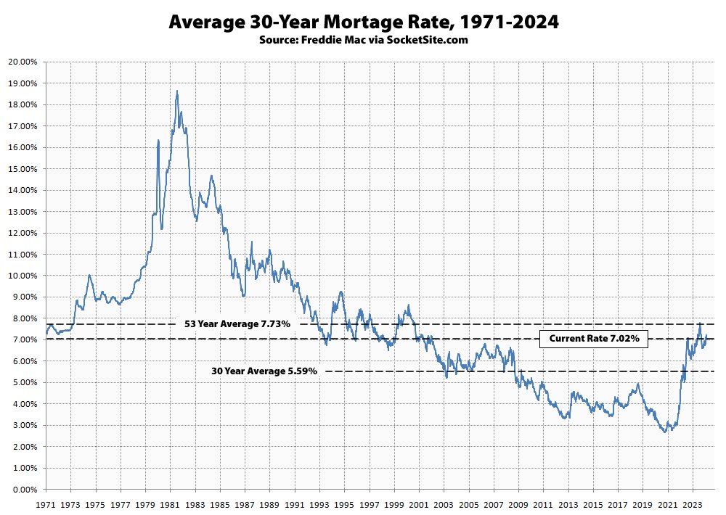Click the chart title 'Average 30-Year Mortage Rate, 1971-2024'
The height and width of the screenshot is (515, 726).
tap(363, 22)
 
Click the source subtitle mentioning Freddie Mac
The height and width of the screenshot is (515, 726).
tap(363, 40)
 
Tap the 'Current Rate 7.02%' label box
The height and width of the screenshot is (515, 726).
tap(593, 339)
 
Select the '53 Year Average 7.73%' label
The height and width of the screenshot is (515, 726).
tap(237, 324)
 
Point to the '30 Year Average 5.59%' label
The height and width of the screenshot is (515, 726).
tap(264, 371)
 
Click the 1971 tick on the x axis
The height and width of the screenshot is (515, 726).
tap(46, 503)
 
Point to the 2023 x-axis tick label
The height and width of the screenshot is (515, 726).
tap(693, 503)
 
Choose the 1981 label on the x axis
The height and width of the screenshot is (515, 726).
tap(170, 503)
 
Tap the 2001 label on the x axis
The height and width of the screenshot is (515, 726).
tap(419, 503)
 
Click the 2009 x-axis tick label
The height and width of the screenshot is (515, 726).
tap(518, 503)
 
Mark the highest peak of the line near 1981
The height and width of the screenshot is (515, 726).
tap(177, 91)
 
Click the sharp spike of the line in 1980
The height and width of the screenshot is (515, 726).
tap(158, 140)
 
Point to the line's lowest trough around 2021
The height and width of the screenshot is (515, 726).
tap(665, 432)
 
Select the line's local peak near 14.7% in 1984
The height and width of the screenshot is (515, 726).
tap(211, 176)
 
